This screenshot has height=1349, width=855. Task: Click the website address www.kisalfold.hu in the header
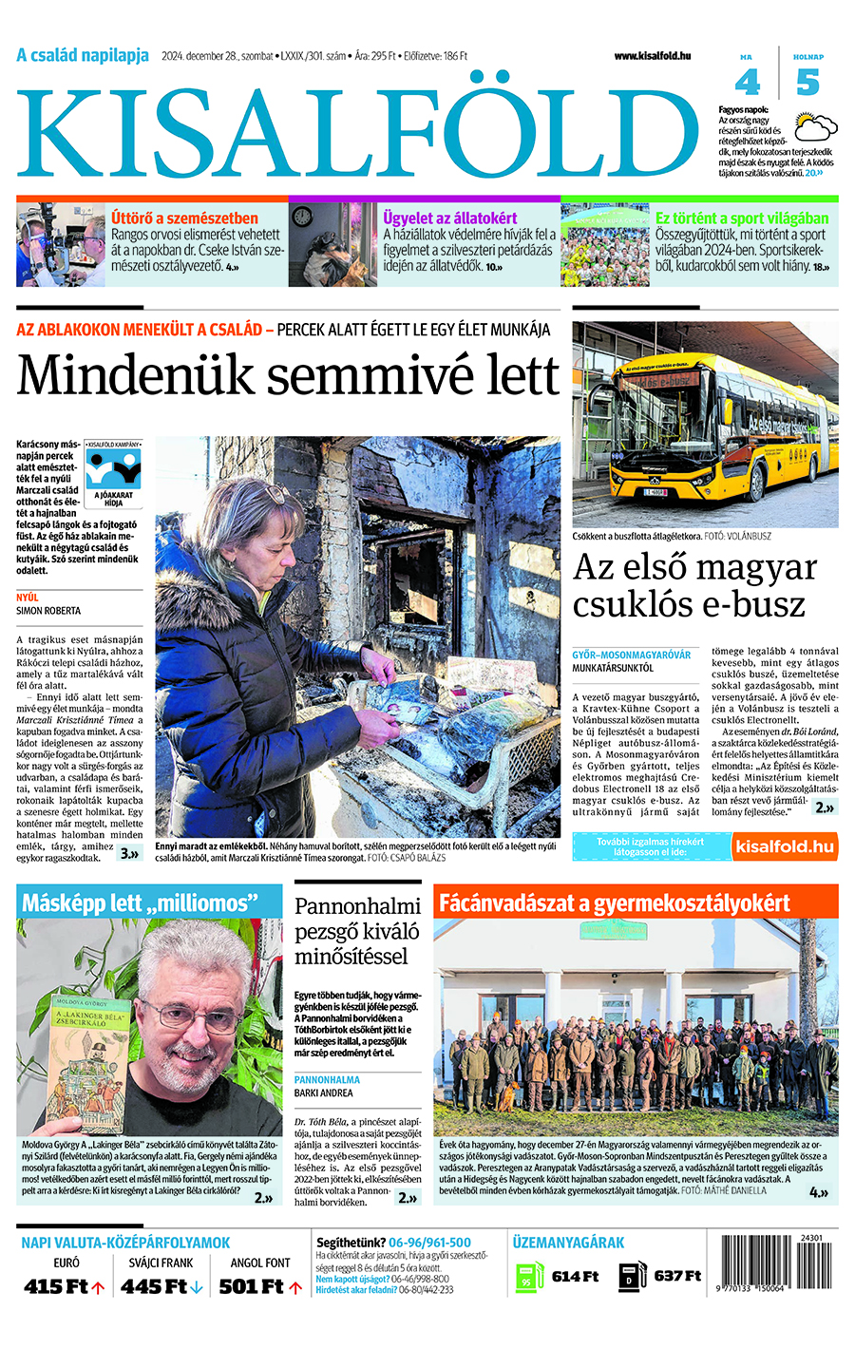coord(652,56)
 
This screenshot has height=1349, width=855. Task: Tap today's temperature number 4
coord(748,84)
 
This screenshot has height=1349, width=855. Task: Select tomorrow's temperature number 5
coord(807,84)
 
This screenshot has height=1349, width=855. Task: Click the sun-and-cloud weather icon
coord(816,127)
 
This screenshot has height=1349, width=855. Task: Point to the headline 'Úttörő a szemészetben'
coord(184,218)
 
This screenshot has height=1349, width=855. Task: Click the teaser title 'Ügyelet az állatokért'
coord(450,218)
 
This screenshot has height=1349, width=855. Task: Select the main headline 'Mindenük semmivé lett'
coord(288,374)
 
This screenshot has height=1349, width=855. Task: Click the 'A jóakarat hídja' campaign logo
coord(114,474)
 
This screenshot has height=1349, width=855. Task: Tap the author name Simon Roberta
coord(48,611)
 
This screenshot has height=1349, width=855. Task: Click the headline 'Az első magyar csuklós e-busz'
coord(694,585)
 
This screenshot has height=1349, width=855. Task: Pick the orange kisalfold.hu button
coord(785,846)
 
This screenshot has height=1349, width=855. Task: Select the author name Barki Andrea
coord(323,1093)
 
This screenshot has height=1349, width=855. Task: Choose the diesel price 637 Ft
coord(677,1276)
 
